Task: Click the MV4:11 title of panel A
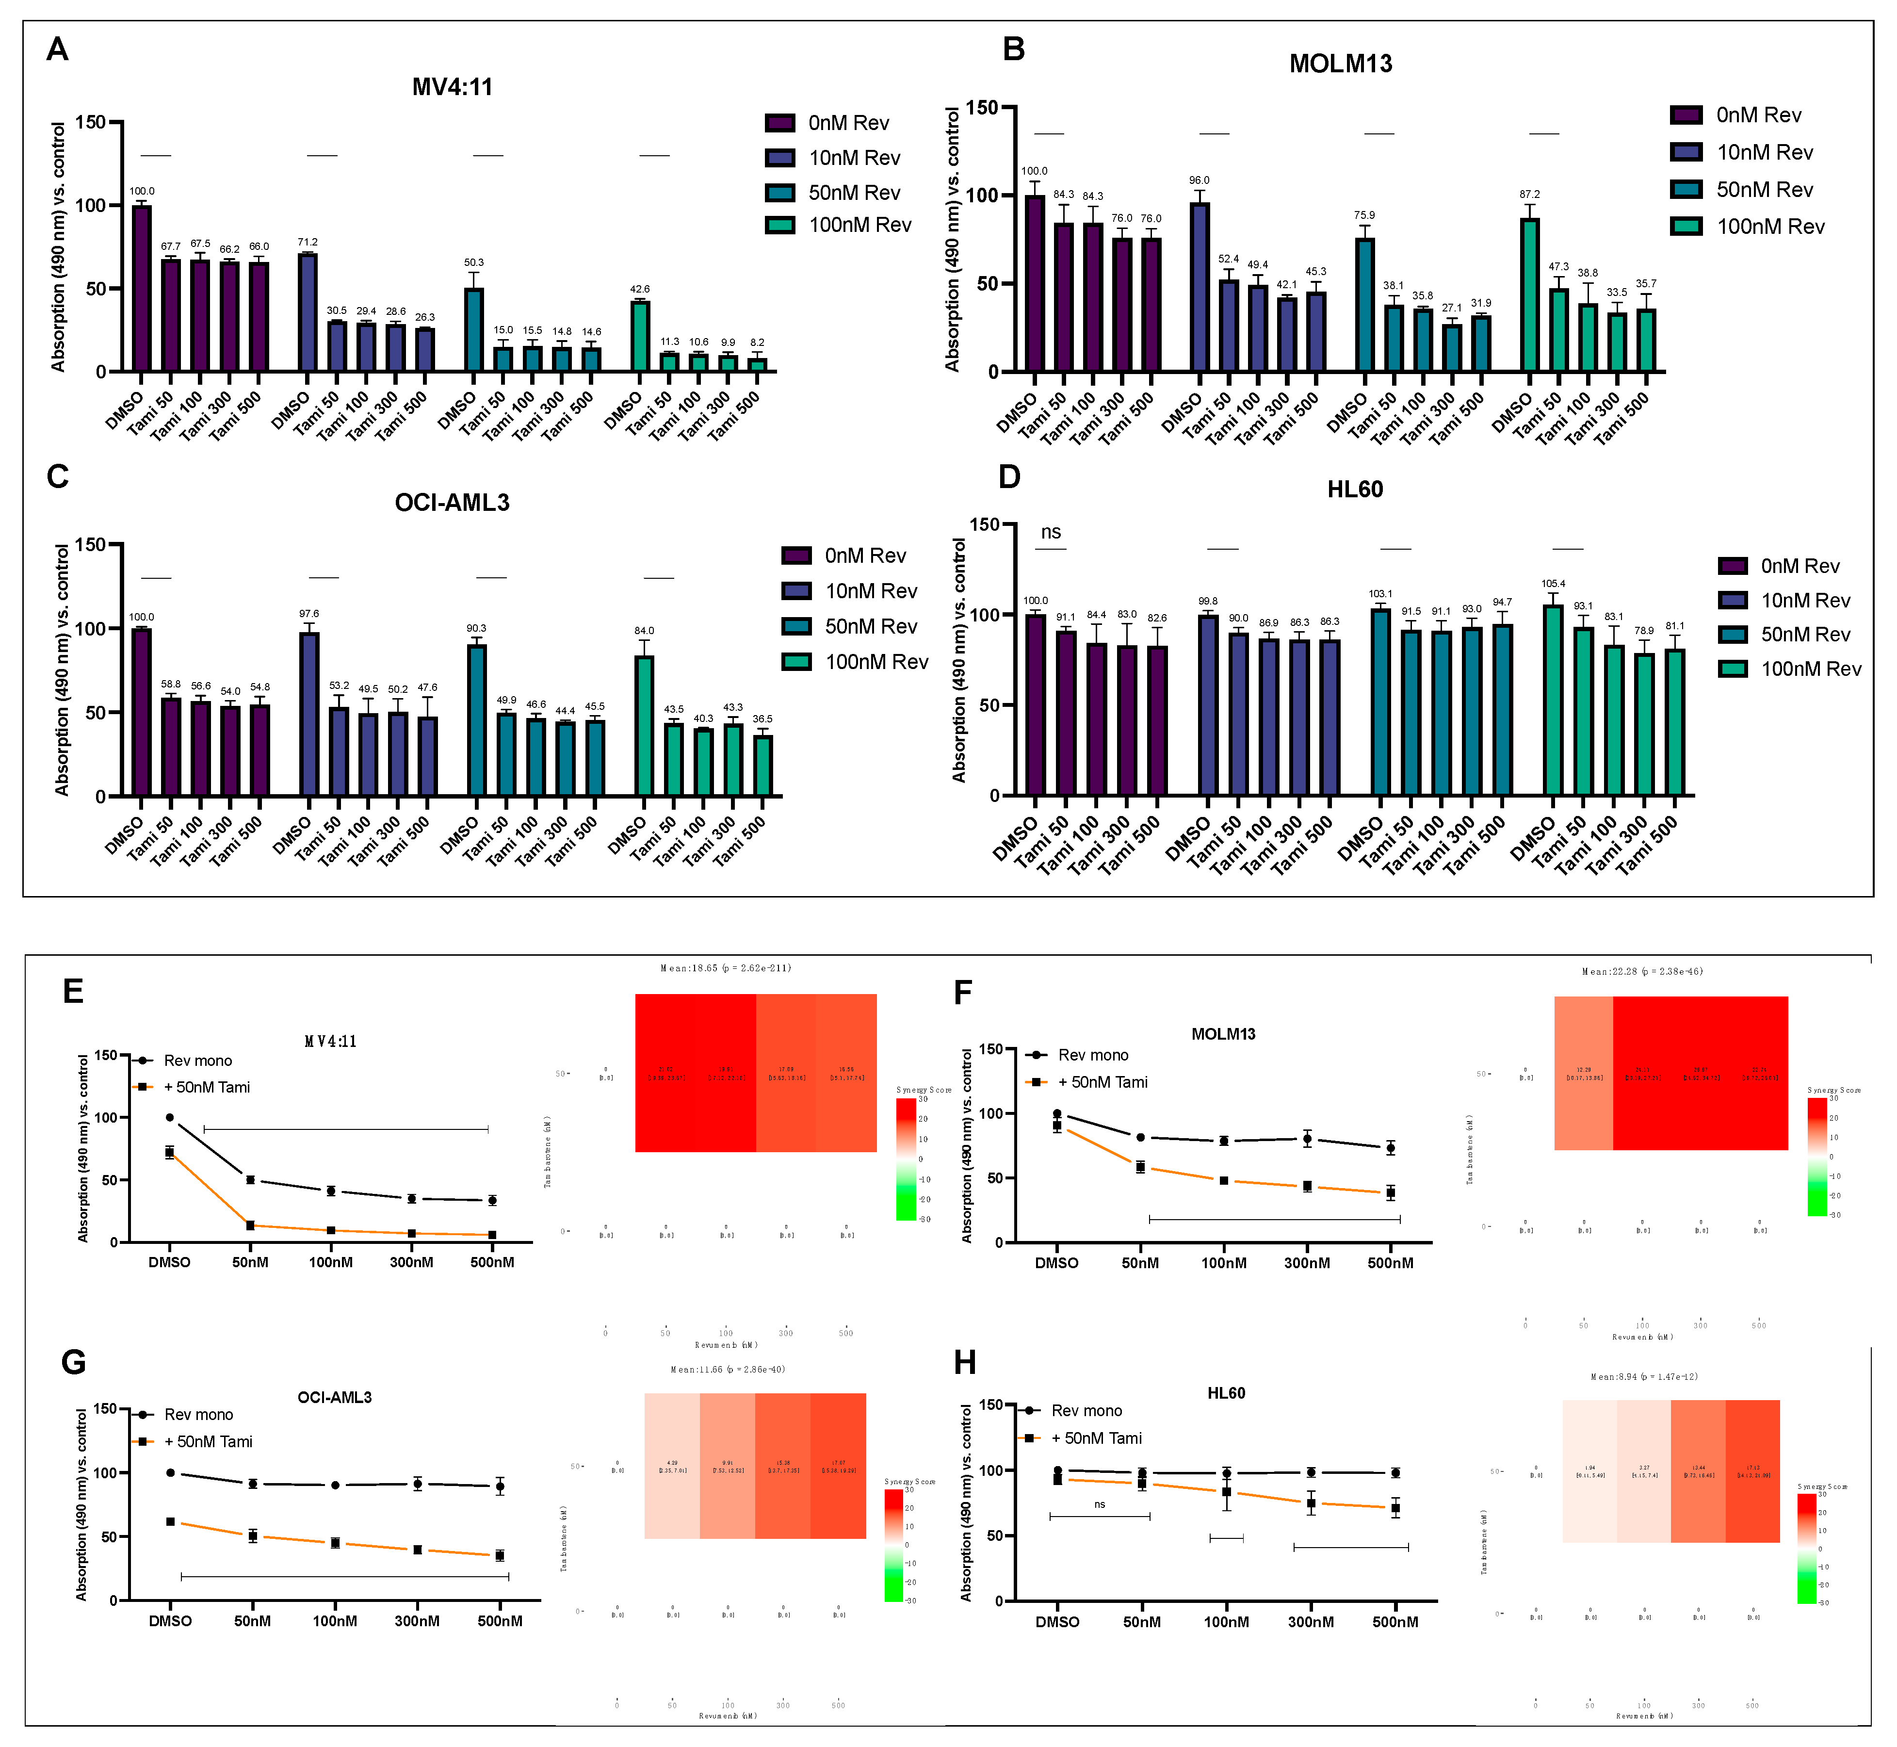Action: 452,87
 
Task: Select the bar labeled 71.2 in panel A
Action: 307,312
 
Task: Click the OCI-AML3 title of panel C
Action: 452,502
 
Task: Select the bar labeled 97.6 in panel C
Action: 309,714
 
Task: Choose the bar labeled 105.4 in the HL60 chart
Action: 1553,700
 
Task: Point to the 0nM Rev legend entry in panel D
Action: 1778,566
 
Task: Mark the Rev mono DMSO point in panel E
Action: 170,1117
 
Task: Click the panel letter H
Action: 965,1362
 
